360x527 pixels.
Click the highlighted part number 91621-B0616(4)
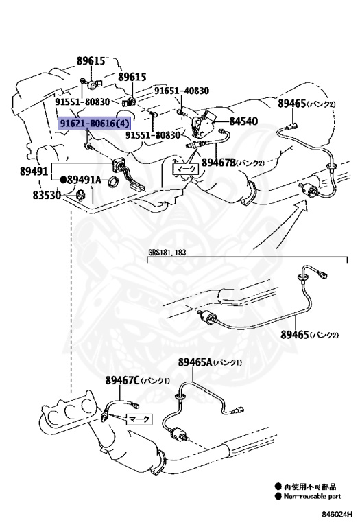93,124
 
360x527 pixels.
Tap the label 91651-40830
181,91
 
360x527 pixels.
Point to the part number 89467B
218,163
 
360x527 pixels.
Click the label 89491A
84,180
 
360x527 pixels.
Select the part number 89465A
195,362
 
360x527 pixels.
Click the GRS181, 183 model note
167,253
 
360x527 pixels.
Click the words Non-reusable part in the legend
312,495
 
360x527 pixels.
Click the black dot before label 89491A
64,180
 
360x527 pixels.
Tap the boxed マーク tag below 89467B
184,167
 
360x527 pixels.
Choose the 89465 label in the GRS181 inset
295,335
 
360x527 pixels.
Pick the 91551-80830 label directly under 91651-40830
152,135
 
